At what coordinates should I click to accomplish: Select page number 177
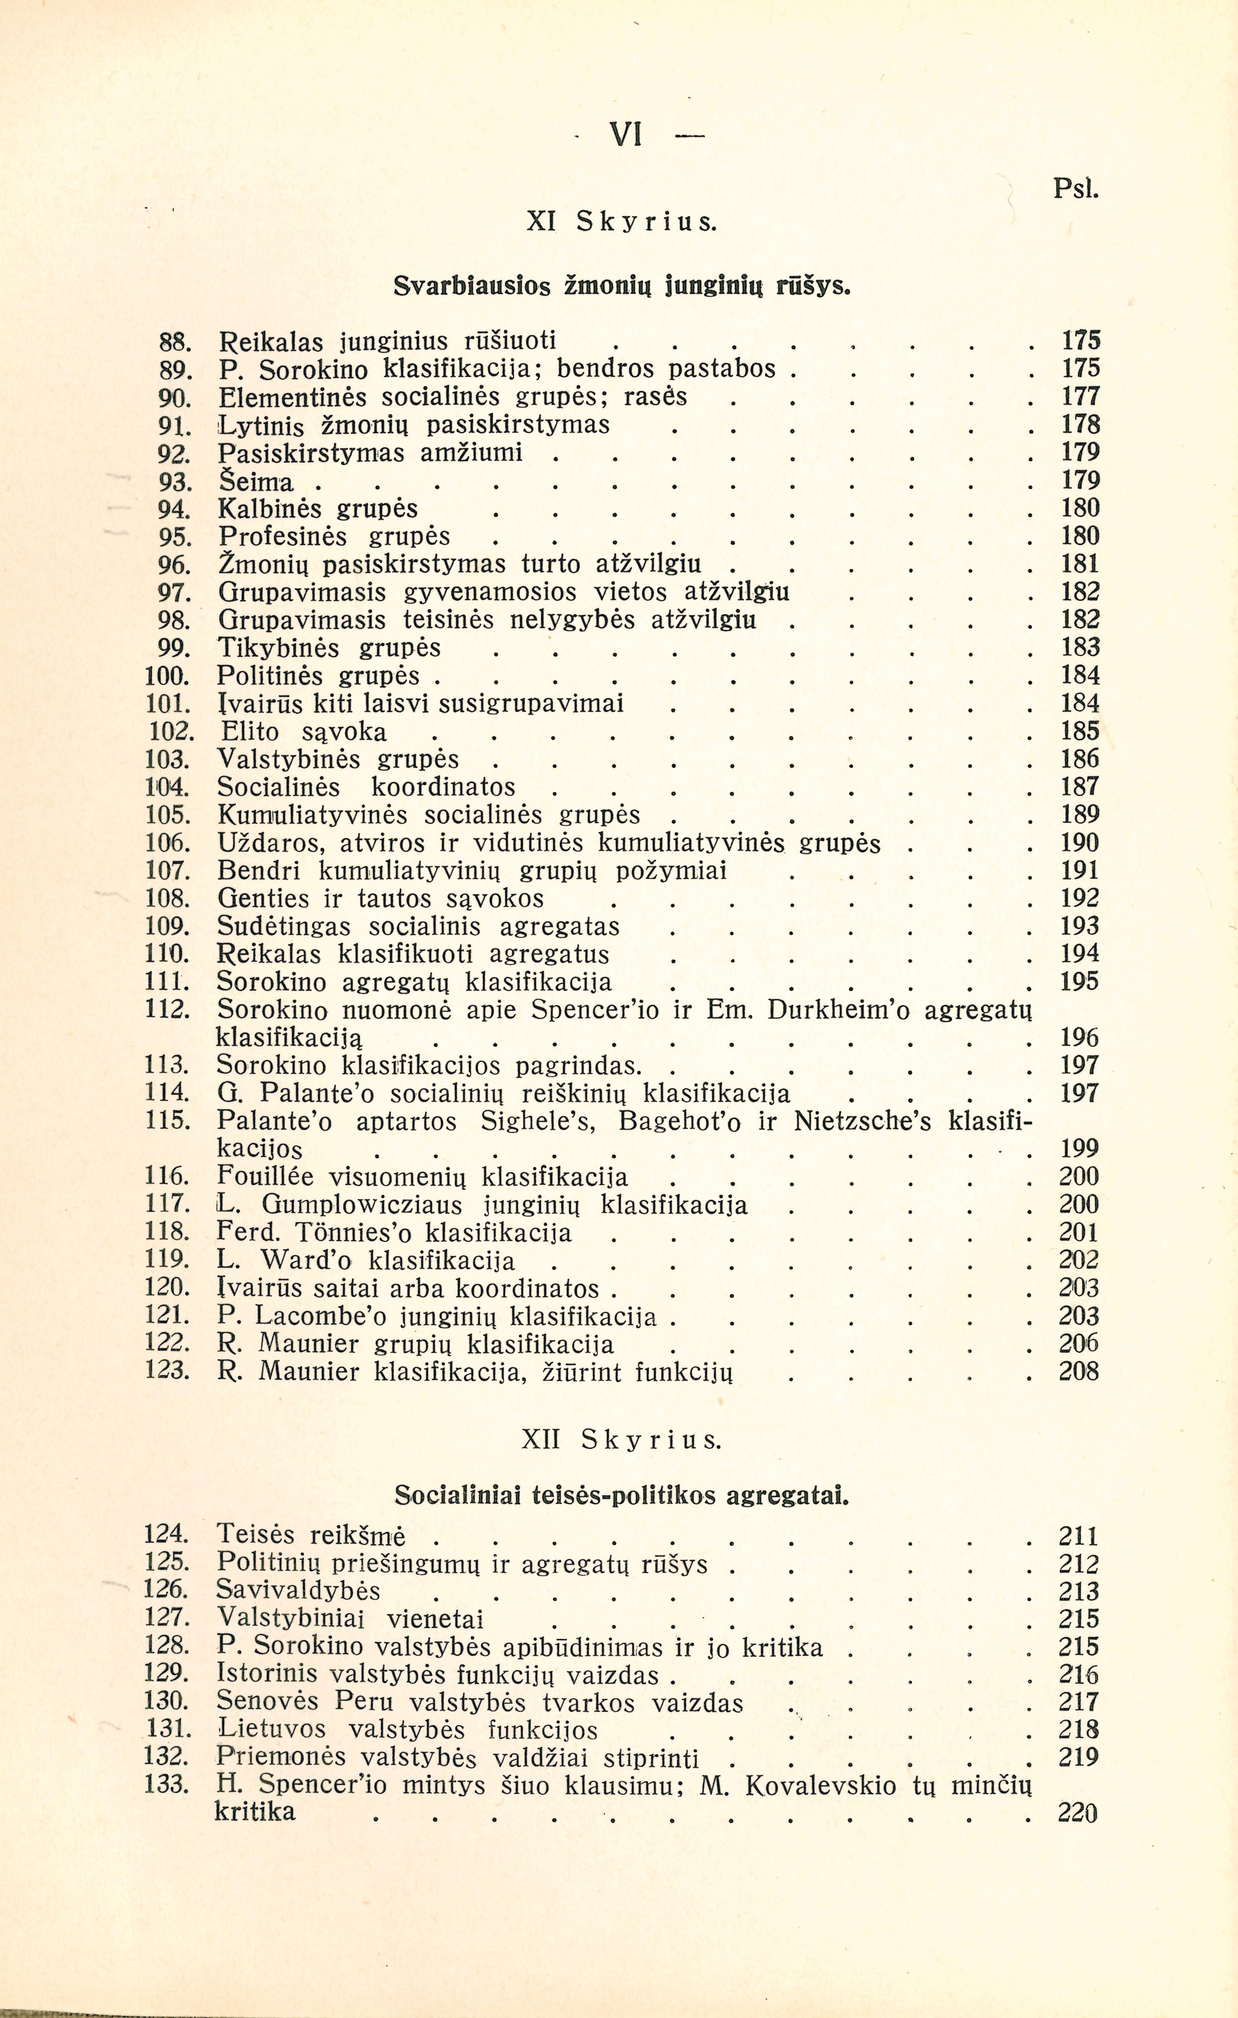(x=1080, y=397)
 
